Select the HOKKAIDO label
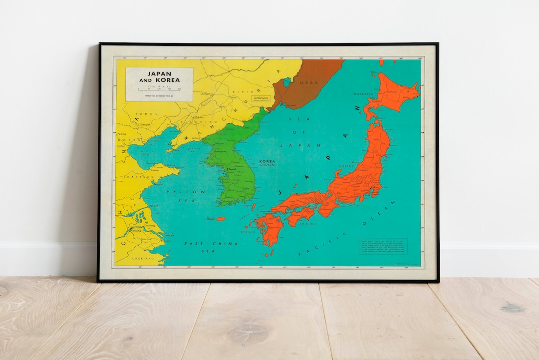click(364, 94)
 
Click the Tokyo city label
click(375, 187)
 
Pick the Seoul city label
click(232, 170)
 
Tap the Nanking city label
click(135, 231)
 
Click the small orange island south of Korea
click(221, 218)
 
